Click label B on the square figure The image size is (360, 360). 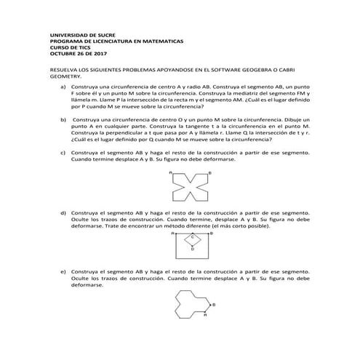211,234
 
